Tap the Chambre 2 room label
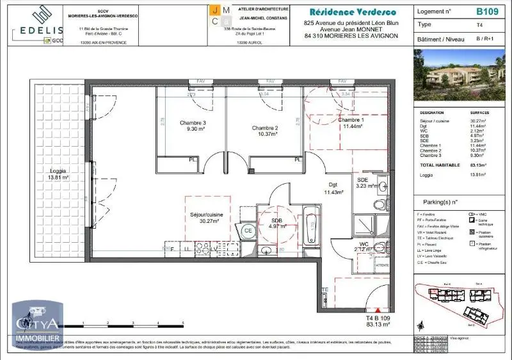click(x=264, y=130)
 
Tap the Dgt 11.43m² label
click(x=333, y=188)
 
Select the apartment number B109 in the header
click(x=487, y=12)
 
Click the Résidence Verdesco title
click(x=352, y=12)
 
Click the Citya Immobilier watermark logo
click(x=38, y=325)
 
